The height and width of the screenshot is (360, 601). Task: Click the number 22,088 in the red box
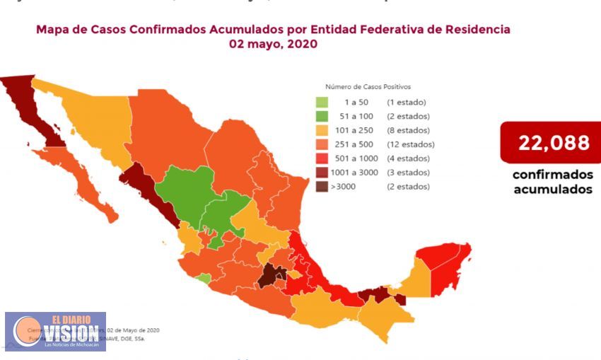[x=554, y=143]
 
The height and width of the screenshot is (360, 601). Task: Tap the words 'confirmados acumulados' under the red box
[x=552, y=182]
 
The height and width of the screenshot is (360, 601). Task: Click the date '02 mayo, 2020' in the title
[x=273, y=44]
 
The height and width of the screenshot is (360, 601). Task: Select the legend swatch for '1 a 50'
[x=322, y=102]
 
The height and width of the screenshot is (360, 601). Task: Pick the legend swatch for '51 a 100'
[x=322, y=116]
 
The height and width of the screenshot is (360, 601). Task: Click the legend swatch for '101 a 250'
[x=322, y=130]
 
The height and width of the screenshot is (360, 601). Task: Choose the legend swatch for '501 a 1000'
[x=322, y=158]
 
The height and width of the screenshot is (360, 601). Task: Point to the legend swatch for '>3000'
[x=322, y=187]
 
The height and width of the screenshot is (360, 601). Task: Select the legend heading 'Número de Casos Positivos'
[x=368, y=86]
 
